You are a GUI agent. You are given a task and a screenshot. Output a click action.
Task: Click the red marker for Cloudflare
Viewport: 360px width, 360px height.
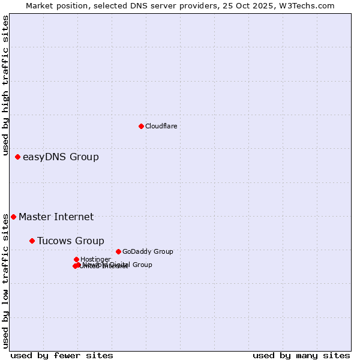tap(141, 126)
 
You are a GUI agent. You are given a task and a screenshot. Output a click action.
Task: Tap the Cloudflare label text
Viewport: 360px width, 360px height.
tap(161, 127)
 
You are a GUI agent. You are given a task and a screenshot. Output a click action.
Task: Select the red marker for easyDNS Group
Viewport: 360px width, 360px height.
tap(17, 157)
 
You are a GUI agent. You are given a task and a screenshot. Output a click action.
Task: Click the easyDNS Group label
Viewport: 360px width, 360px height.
tap(61, 157)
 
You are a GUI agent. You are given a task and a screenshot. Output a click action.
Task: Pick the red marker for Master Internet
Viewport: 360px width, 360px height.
tap(13, 217)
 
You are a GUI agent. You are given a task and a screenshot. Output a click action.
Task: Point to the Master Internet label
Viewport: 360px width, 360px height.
tap(56, 217)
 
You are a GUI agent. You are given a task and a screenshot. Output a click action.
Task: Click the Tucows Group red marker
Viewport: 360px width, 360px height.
tap(32, 241)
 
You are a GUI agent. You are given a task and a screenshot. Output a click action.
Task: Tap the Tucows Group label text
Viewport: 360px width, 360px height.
tap(70, 241)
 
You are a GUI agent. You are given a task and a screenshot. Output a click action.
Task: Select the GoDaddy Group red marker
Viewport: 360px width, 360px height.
tap(118, 251)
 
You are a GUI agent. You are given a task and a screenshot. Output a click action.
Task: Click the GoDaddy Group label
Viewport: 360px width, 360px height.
tap(148, 252)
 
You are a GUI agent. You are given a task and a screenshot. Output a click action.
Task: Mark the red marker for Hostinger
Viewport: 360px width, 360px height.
tap(76, 259)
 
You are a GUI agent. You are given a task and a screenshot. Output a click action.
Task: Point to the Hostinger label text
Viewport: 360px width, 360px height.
tap(95, 259)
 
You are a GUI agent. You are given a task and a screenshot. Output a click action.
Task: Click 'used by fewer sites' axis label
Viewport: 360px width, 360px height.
tap(62, 356)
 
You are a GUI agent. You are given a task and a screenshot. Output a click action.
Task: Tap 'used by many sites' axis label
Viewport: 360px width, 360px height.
tap(301, 356)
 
